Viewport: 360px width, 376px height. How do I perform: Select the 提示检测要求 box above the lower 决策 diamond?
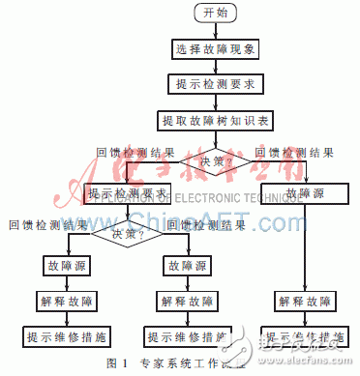128,193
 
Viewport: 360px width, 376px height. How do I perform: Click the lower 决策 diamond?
128,232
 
